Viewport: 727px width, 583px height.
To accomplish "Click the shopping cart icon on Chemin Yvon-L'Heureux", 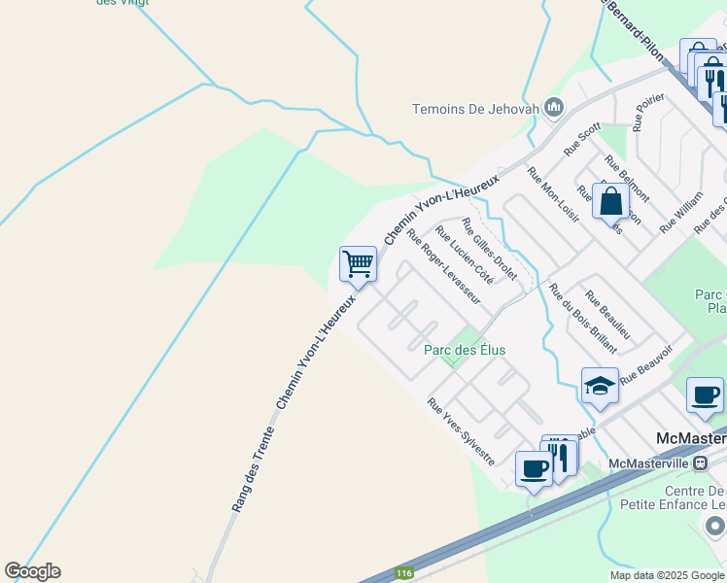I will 358,263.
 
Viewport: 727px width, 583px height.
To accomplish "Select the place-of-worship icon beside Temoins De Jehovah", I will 554,107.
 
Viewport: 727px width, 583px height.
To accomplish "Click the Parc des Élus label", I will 465,350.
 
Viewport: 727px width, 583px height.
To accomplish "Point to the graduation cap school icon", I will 600,385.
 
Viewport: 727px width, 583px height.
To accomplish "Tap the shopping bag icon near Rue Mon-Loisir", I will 612,201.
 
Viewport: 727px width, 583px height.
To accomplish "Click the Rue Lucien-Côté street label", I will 465,255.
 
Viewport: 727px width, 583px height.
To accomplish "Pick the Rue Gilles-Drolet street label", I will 490,248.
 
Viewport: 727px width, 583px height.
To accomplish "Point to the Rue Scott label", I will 583,139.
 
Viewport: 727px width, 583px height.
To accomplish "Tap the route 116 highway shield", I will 404,574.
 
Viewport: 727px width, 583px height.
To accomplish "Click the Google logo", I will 32,571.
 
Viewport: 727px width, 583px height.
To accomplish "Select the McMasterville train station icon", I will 698,463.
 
